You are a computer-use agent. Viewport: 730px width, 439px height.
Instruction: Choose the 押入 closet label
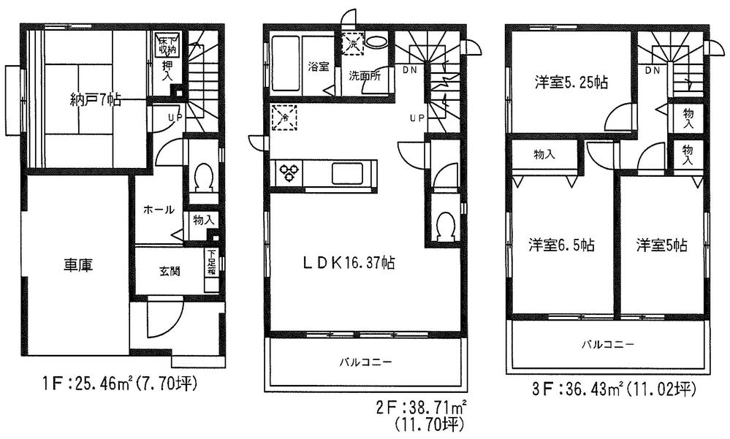point(167,70)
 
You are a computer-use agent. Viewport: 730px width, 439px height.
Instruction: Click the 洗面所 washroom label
point(363,75)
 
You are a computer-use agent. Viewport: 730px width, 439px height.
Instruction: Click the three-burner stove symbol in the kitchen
point(290,174)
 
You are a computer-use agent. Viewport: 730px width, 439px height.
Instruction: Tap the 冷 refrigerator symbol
point(284,118)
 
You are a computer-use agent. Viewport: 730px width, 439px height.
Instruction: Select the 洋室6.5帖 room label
point(561,245)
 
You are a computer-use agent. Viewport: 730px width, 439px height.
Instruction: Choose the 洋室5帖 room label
point(661,245)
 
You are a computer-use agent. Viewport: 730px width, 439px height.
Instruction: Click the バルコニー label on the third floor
point(608,343)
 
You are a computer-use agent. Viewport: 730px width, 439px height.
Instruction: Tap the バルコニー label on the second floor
point(366,362)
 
